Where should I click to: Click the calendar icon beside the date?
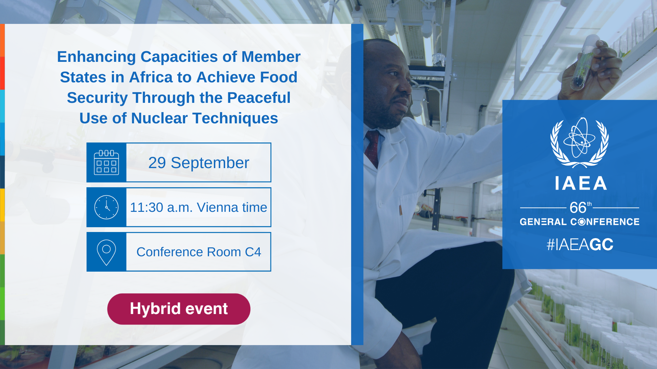[x=106, y=162]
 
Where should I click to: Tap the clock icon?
[x=106, y=207]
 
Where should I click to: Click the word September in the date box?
[x=210, y=163]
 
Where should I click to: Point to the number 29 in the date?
[x=157, y=163]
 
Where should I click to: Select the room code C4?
[x=253, y=252]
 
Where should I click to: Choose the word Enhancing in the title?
[x=96, y=57]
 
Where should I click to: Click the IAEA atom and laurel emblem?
[x=579, y=142]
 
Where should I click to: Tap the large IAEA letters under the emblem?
[x=581, y=183]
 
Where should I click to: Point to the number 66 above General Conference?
[x=578, y=207]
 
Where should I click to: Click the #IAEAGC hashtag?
[x=580, y=245]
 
